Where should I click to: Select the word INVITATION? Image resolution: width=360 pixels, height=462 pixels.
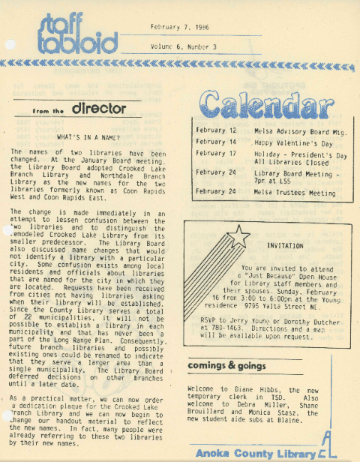(x=286, y=245)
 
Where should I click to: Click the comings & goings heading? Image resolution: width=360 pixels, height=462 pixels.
(x=227, y=366)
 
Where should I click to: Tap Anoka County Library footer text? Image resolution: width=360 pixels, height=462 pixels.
(x=253, y=453)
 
